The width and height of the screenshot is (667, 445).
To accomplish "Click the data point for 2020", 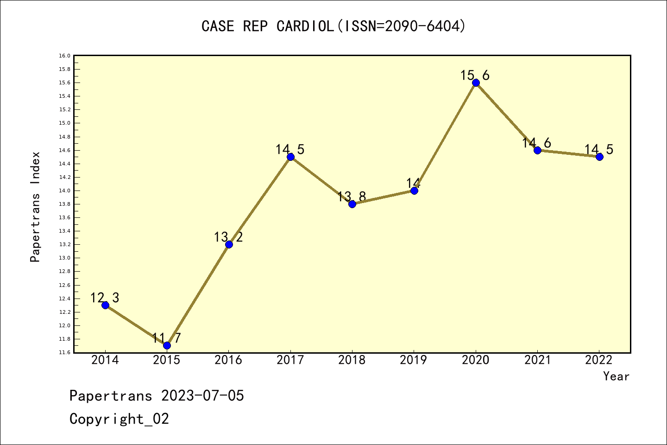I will pos(476,83).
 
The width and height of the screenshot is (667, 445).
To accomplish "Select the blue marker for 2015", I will pos(167,345).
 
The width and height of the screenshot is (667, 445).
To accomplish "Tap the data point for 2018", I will pos(352,204).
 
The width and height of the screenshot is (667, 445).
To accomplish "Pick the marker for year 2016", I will pos(229,244).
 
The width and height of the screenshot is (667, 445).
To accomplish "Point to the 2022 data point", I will pos(599,157).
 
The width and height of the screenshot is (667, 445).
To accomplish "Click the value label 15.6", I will pos(475,75).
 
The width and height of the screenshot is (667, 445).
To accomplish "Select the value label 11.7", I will pos(166,338).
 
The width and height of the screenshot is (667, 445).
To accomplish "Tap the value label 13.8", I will pos(352,197).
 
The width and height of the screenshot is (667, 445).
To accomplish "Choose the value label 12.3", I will pos(105,298).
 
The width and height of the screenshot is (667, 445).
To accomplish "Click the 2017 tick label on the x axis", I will pos(290,360).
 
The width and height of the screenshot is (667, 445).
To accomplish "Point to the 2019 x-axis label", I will pos(414,360).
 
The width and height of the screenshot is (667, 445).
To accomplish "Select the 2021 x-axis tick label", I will pos(537,360).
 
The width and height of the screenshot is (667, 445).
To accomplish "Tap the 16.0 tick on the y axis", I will pos(64,56).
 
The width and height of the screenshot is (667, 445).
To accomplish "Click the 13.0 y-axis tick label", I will pos(64,258).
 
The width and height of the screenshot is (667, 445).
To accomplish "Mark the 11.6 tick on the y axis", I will pos(64,353).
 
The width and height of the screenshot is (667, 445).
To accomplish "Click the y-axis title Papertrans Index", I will pos(35,207).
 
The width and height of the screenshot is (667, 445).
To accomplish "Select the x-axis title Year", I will pos(616,376).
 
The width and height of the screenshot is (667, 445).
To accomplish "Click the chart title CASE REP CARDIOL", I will pos(333,26).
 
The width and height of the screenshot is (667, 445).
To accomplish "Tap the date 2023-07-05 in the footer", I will pos(202,396).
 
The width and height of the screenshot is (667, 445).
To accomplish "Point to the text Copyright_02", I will pos(120,419).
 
